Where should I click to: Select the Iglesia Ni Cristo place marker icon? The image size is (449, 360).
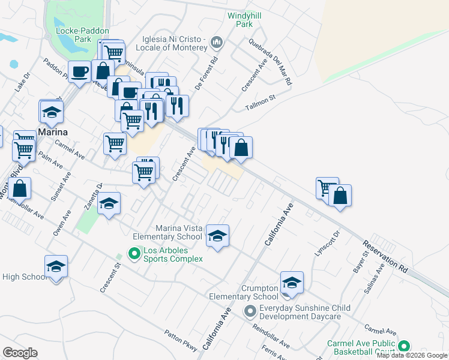point(217,43)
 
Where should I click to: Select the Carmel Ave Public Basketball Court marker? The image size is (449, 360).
point(404,346)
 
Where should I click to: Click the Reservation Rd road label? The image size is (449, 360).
point(385,257)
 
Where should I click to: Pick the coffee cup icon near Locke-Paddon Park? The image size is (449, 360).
point(79,72)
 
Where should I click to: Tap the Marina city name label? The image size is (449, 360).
point(53,131)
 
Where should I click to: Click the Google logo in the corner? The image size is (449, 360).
point(20,353)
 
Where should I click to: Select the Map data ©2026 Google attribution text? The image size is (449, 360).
point(411,355)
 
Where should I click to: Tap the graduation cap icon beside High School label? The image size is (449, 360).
point(56,266)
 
